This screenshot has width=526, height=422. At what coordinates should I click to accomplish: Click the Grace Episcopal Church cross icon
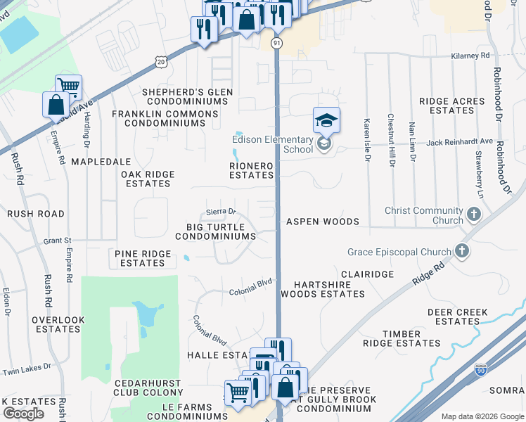(461, 250)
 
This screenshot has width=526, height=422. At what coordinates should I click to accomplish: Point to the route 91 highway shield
(277, 44)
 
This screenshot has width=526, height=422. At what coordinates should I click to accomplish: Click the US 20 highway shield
(162, 62)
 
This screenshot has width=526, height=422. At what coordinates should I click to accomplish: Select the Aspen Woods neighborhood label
(322, 222)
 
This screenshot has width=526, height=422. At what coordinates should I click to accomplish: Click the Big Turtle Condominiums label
(215, 231)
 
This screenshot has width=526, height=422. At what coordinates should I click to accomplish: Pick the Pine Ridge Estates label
(142, 258)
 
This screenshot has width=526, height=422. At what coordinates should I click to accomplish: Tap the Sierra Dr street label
(219, 211)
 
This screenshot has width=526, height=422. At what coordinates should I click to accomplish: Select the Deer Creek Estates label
(457, 316)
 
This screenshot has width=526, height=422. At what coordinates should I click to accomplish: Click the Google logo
(23, 414)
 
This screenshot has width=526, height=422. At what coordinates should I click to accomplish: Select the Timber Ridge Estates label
(402, 338)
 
